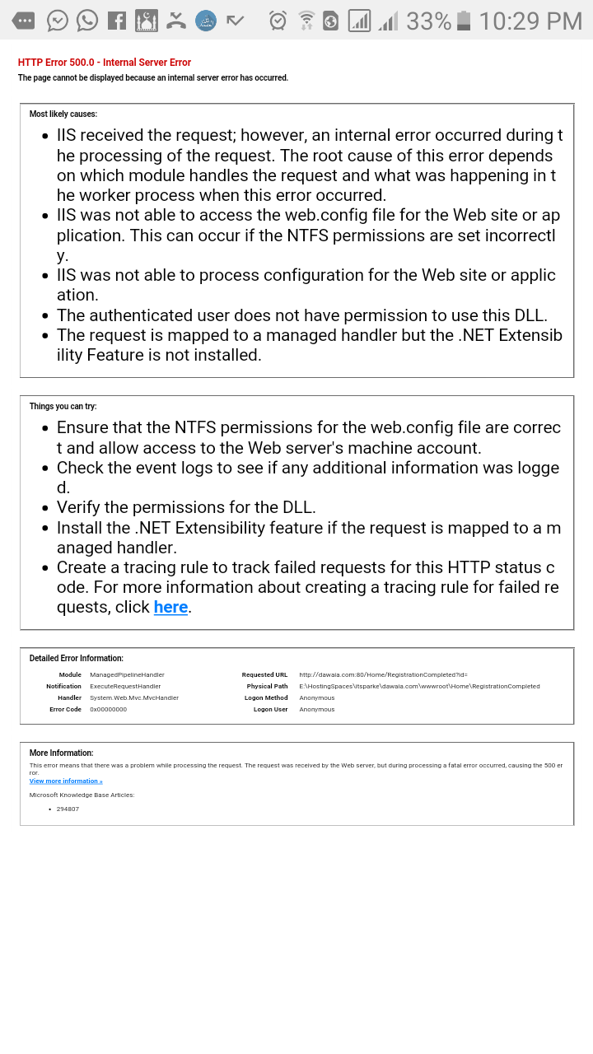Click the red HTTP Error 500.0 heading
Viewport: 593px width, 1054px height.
(105, 63)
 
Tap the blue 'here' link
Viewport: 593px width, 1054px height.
(170, 607)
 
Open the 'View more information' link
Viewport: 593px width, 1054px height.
(66, 781)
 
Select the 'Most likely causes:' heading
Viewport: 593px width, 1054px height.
(63, 114)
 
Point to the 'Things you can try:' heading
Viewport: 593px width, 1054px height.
(63, 406)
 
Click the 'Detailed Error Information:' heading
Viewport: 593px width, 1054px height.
(77, 658)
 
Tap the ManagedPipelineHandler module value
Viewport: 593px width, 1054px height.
(127, 674)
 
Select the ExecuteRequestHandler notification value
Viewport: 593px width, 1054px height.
(125, 686)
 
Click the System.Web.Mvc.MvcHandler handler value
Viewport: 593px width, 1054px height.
(134, 697)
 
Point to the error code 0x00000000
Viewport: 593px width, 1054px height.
(108, 709)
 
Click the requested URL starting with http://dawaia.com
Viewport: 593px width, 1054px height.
(383, 674)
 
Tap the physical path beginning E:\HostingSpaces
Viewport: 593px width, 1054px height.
(419, 686)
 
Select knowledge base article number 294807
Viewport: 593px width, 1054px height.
(68, 809)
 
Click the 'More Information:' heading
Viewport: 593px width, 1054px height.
(62, 753)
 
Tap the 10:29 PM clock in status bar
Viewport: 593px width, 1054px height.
(530, 21)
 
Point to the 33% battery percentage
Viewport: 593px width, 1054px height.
(428, 21)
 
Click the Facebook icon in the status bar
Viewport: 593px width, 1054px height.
(117, 21)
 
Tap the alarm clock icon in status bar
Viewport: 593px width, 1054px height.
(278, 21)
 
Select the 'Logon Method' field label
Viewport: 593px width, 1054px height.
(266, 697)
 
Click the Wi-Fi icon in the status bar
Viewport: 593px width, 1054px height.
(306, 21)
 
